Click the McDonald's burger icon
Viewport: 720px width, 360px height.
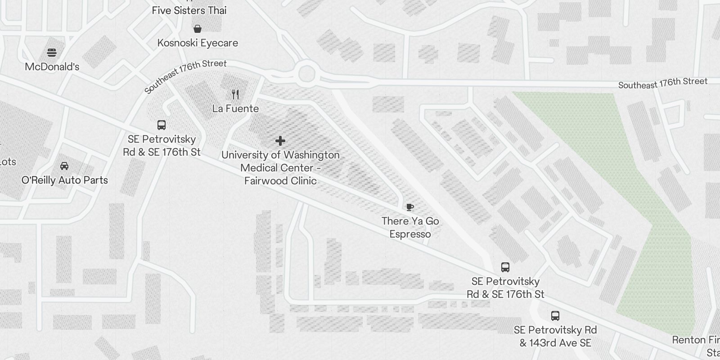click(x=52, y=53)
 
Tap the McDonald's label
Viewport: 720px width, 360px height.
click(x=52, y=67)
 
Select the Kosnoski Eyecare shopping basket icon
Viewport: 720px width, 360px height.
click(x=197, y=29)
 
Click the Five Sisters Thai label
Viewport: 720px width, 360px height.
click(x=189, y=10)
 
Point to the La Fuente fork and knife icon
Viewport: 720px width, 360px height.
click(x=235, y=94)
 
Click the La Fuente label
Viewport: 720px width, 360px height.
click(x=235, y=108)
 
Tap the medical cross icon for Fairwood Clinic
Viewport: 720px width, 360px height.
click(x=280, y=141)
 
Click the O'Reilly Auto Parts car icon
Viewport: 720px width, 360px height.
click(x=64, y=166)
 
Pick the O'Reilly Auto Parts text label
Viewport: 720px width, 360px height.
click(x=65, y=180)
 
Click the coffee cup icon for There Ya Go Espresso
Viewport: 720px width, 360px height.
click(x=409, y=207)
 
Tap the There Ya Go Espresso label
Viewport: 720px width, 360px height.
click(x=410, y=227)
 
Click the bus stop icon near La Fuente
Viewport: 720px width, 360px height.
click(x=162, y=125)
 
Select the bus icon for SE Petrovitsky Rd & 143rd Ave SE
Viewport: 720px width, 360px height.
click(x=555, y=316)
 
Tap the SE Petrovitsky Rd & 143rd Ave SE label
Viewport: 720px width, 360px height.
click(x=555, y=336)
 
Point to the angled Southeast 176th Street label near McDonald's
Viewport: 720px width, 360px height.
click(x=185, y=76)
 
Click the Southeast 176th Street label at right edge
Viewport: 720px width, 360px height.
click(x=662, y=83)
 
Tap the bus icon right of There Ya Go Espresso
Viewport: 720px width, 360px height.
click(x=505, y=267)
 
